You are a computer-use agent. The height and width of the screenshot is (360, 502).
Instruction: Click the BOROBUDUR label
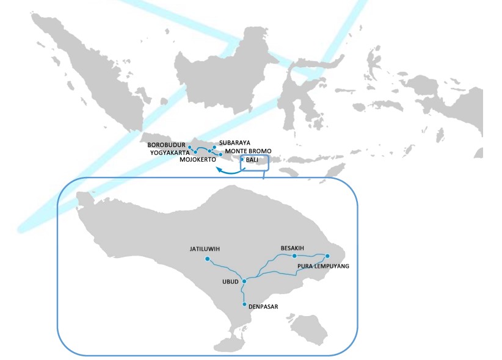click(x=166, y=145)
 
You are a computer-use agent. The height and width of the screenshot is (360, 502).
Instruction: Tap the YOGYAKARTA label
click(x=170, y=152)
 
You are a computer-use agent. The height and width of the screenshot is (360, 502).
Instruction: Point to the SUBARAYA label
click(x=235, y=143)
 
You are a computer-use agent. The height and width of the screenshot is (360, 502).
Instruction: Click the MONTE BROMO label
click(x=247, y=151)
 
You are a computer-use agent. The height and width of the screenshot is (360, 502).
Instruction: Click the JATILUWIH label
click(x=205, y=249)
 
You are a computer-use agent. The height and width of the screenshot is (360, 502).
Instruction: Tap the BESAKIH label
click(x=293, y=248)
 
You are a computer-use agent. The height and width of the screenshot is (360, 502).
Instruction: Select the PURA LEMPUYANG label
click(x=323, y=267)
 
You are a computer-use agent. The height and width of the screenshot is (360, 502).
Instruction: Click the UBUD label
click(x=230, y=283)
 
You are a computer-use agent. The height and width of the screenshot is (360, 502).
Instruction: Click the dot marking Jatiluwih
click(x=208, y=259)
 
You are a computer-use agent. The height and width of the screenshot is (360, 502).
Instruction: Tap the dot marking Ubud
click(x=244, y=281)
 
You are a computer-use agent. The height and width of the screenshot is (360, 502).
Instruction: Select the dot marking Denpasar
click(x=244, y=304)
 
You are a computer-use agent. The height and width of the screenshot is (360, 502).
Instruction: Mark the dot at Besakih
click(x=294, y=256)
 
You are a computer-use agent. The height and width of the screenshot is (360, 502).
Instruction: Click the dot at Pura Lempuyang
click(x=327, y=256)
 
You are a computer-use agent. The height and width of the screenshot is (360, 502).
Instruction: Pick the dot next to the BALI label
click(x=242, y=159)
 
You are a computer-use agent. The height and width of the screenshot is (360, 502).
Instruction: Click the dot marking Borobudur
click(x=190, y=148)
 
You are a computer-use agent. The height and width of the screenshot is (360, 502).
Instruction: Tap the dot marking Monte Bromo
click(x=220, y=154)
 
